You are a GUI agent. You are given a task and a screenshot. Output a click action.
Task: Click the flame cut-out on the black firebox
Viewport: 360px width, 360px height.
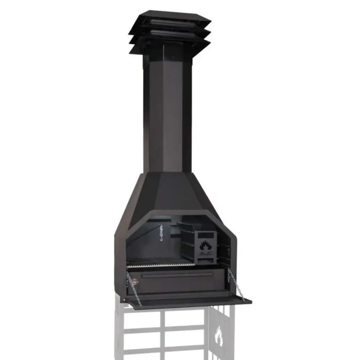[206, 246]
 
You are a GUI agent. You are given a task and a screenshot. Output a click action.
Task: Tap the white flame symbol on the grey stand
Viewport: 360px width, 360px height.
[219, 337]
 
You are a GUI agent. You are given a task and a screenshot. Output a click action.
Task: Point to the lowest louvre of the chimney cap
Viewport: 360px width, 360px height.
[169, 45]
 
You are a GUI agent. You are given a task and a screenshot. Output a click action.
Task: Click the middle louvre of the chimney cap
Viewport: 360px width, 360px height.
[169, 34]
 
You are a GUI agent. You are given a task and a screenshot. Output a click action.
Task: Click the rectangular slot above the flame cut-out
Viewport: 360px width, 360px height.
[206, 235]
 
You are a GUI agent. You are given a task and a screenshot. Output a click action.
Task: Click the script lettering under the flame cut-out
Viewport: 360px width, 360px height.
[206, 255]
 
